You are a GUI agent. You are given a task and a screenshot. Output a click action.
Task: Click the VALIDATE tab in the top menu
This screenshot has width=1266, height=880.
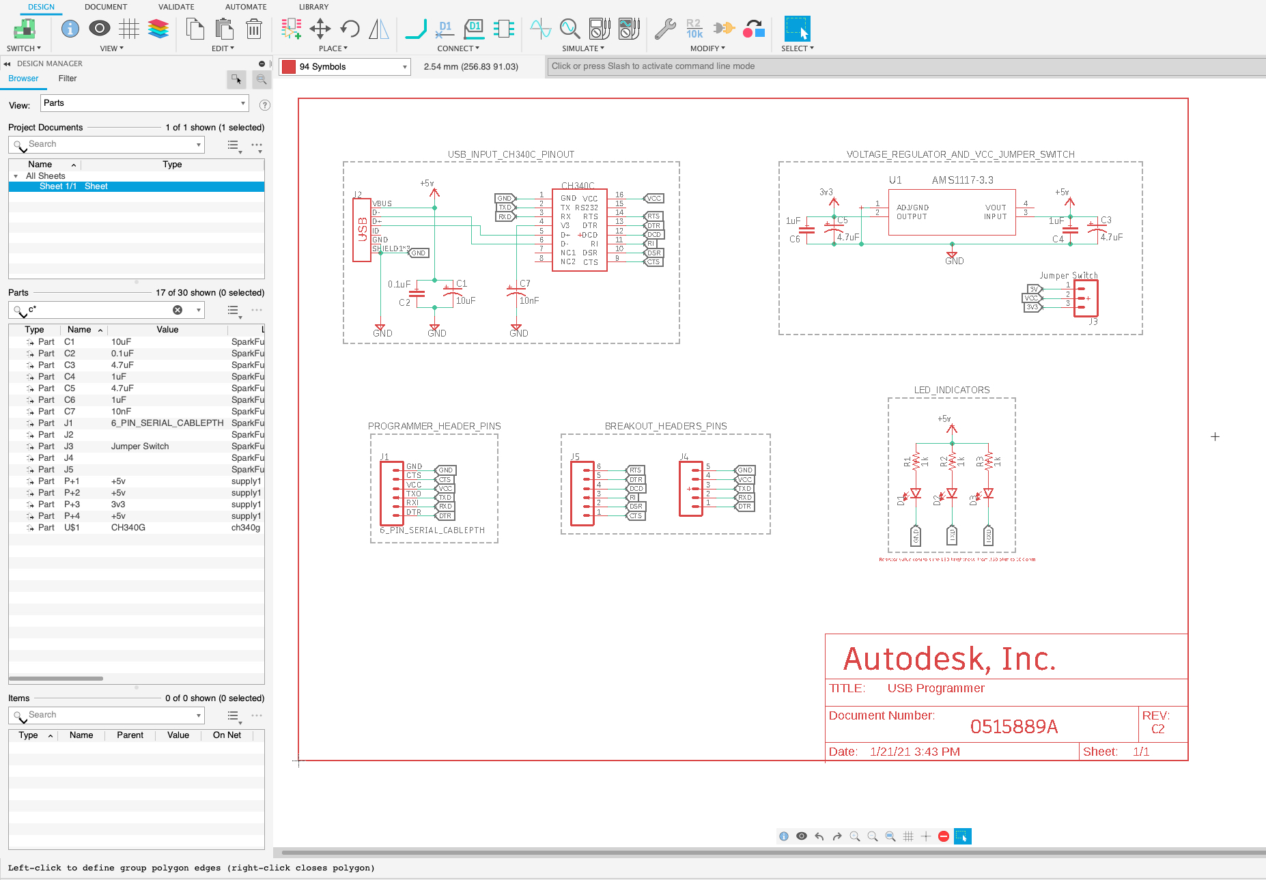coord(176,7)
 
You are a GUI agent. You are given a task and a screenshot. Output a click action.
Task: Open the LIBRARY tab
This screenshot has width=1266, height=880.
coord(313,7)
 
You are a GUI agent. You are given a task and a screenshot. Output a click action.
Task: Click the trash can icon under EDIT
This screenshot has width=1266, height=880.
coord(253,29)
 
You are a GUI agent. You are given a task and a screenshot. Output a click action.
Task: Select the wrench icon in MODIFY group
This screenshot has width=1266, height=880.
coord(664,29)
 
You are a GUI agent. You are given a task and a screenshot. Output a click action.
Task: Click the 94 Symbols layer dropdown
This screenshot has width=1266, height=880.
coord(345,67)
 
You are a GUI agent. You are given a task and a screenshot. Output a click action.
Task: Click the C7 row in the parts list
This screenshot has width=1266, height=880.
coord(70,412)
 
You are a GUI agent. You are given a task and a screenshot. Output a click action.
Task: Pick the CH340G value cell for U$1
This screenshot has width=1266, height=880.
coord(128,528)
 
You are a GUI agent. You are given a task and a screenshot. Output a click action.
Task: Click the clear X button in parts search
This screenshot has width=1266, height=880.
coord(178,310)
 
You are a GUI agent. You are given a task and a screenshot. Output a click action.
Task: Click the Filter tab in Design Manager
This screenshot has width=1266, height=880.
coord(68,79)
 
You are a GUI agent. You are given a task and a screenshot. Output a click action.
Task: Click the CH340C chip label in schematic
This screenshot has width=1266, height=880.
coord(578,186)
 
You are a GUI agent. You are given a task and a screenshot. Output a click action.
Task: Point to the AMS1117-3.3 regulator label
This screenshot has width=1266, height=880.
coord(962,180)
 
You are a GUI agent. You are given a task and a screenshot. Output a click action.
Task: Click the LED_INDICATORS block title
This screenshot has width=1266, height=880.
coord(952,391)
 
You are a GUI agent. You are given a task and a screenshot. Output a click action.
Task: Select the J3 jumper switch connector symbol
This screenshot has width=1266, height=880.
coord(1085,298)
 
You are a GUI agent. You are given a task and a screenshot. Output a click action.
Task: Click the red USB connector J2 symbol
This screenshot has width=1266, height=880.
coord(361,229)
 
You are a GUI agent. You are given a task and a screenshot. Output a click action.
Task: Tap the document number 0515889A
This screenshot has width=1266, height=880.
coord(1013,726)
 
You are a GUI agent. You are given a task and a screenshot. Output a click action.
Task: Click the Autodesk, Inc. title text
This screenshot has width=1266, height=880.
coord(949,659)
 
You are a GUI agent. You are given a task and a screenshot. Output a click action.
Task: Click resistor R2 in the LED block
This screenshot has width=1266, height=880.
coord(952,462)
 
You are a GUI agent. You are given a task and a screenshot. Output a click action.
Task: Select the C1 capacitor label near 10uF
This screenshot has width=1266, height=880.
coord(462,283)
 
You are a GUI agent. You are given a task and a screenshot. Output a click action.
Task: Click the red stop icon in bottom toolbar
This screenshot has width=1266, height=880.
coord(944,836)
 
